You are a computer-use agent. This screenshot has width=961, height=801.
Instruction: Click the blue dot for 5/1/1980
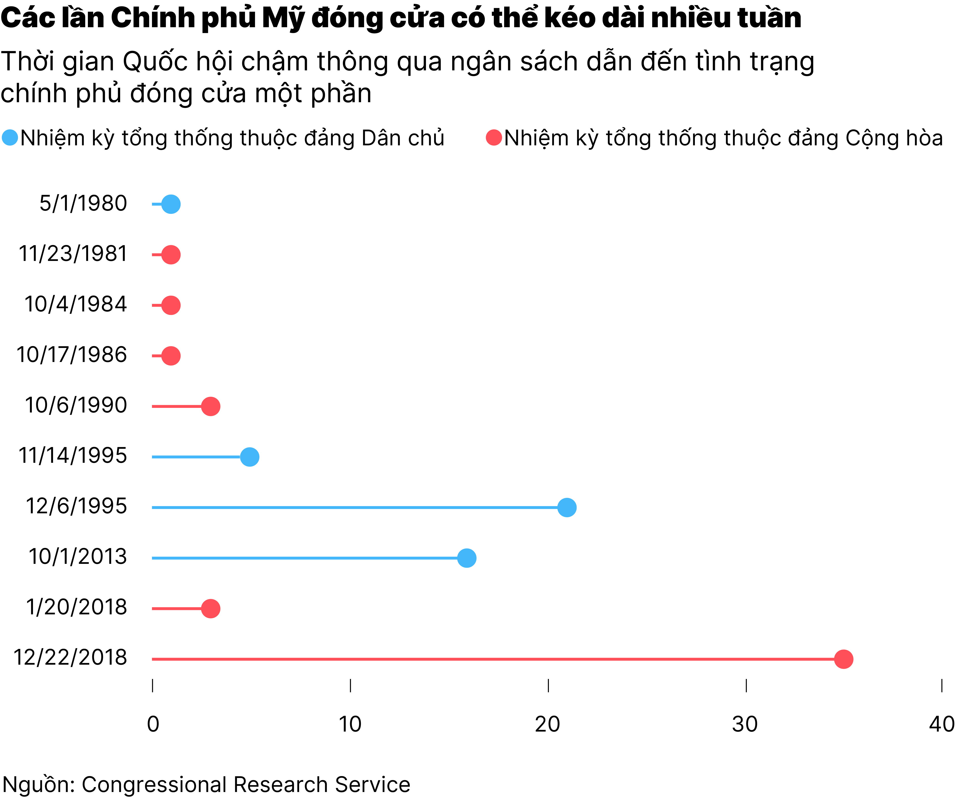171,204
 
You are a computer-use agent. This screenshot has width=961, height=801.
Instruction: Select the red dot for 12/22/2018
843,659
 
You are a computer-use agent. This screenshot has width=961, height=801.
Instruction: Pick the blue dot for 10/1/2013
467,558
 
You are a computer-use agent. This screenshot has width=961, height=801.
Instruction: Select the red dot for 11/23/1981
171,254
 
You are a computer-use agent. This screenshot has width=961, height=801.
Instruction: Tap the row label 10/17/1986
72,355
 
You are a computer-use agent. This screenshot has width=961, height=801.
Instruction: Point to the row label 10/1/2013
78,557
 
